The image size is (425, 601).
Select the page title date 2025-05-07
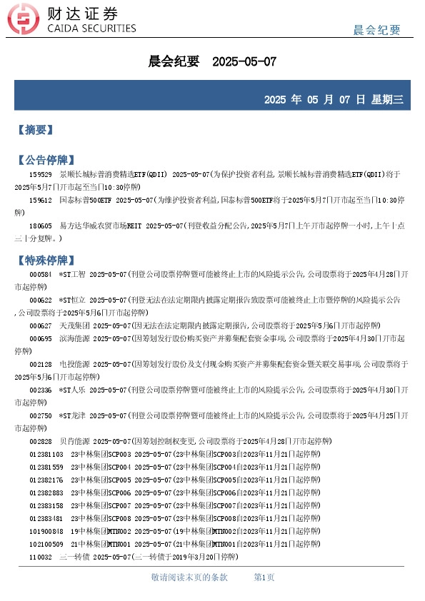click(x=244, y=62)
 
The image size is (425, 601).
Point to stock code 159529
click(x=40, y=173)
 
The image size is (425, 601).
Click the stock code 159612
click(x=40, y=200)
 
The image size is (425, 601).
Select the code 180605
click(x=40, y=226)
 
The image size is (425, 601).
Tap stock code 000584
click(x=40, y=273)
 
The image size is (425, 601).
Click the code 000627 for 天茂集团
click(x=40, y=325)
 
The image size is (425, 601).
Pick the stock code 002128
click(x=40, y=363)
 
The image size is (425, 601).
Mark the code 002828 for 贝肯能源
click(x=40, y=440)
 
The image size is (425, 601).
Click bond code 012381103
click(x=46, y=453)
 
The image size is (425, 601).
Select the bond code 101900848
click(x=46, y=530)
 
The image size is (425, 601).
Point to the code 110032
click(x=40, y=556)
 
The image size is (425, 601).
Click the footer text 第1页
click(x=264, y=577)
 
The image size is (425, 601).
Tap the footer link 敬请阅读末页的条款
click(x=189, y=577)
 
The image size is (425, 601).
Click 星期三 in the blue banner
click(x=387, y=99)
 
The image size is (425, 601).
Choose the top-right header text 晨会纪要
click(x=377, y=30)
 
